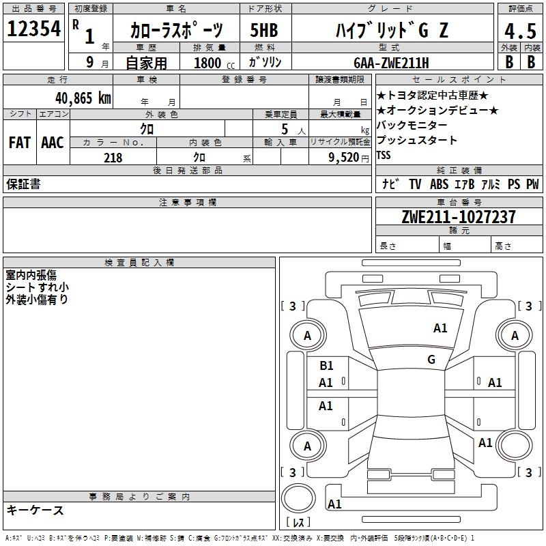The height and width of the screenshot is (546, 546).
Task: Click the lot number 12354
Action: pyautogui.click(x=33, y=29)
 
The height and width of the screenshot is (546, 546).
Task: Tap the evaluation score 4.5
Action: pyautogui.click(x=519, y=31)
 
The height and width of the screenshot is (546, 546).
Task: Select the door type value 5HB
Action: pyautogui.click(x=263, y=31)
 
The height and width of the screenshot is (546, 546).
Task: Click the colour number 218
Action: pyautogui.click(x=113, y=157)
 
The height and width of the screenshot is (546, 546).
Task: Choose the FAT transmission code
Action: pyautogui.click(x=20, y=143)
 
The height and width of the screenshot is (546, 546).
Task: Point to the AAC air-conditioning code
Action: pyautogui.click(x=53, y=143)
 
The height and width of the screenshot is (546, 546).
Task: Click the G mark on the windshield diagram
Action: pyautogui.click(x=431, y=360)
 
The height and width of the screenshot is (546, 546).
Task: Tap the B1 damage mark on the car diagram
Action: pyautogui.click(x=326, y=366)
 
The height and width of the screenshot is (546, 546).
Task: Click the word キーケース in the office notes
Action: pyautogui.click(x=35, y=510)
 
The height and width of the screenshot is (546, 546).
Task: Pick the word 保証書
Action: pyautogui.click(x=23, y=184)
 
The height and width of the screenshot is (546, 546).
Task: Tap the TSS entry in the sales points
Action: pyautogui.click(x=384, y=155)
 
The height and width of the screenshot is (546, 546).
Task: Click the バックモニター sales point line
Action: pyautogui.click(x=412, y=125)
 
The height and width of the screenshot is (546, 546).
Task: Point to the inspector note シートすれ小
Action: pyautogui.click(x=37, y=287)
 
